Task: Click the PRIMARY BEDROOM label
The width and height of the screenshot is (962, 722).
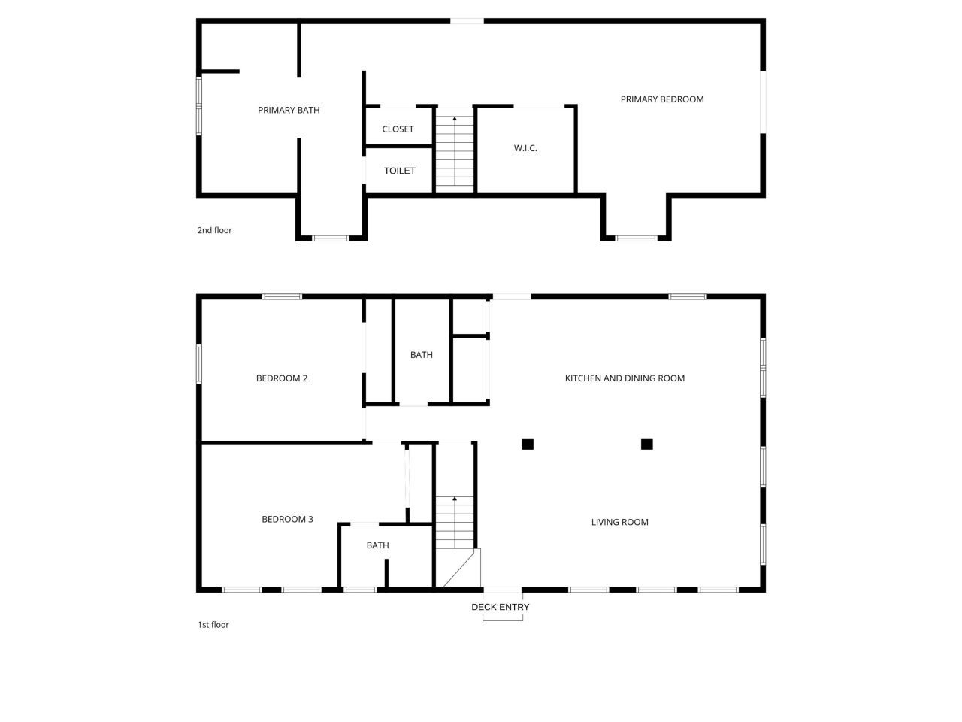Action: pyautogui.click(x=662, y=99)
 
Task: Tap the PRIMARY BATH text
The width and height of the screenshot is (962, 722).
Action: pyautogui.click(x=289, y=110)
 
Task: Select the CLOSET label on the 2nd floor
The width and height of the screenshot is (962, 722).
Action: pyautogui.click(x=398, y=129)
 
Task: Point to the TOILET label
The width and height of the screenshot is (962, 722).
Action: pyautogui.click(x=399, y=171)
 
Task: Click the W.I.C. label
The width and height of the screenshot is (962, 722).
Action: pyautogui.click(x=525, y=148)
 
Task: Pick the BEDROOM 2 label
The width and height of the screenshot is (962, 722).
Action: pyautogui.click(x=282, y=378)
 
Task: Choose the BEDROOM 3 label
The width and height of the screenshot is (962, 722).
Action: pyautogui.click(x=287, y=519)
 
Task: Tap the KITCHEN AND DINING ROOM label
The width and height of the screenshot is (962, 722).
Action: pyautogui.click(x=625, y=378)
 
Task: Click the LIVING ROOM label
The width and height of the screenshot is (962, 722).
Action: pyautogui.click(x=619, y=522)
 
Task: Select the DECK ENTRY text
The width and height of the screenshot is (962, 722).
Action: pyautogui.click(x=500, y=607)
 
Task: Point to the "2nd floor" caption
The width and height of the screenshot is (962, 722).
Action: pyautogui.click(x=214, y=230)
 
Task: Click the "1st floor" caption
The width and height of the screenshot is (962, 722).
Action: pyautogui.click(x=213, y=625)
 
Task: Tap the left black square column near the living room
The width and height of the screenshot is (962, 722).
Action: pyautogui.click(x=528, y=444)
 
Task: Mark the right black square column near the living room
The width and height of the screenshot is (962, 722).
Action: pyautogui.click(x=646, y=444)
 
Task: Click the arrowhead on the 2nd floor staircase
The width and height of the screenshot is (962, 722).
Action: pyautogui.click(x=455, y=118)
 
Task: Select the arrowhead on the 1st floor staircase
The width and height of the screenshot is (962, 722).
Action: pyautogui.click(x=455, y=499)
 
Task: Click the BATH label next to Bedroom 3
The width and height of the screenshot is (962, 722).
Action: pyautogui.click(x=377, y=545)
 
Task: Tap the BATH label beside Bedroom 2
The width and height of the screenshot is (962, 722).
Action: pyautogui.click(x=421, y=355)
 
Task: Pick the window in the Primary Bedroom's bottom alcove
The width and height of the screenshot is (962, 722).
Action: pyautogui.click(x=636, y=238)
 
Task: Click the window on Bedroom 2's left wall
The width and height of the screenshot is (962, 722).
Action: pyautogui.click(x=199, y=364)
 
